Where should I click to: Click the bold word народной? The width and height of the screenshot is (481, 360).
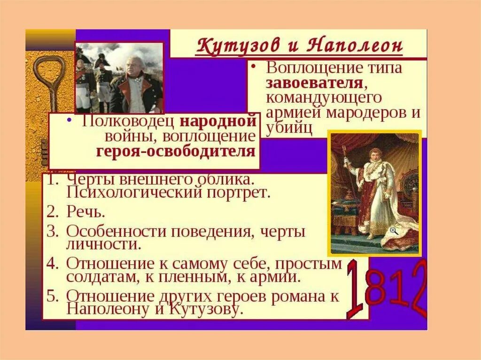pyautogui.click(x=218, y=121)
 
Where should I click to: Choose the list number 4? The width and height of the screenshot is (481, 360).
pyautogui.click(x=53, y=264)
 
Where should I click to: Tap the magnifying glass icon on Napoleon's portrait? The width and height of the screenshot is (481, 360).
pyautogui.click(x=394, y=230)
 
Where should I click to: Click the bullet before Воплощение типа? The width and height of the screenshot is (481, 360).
pyautogui.click(x=253, y=68)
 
